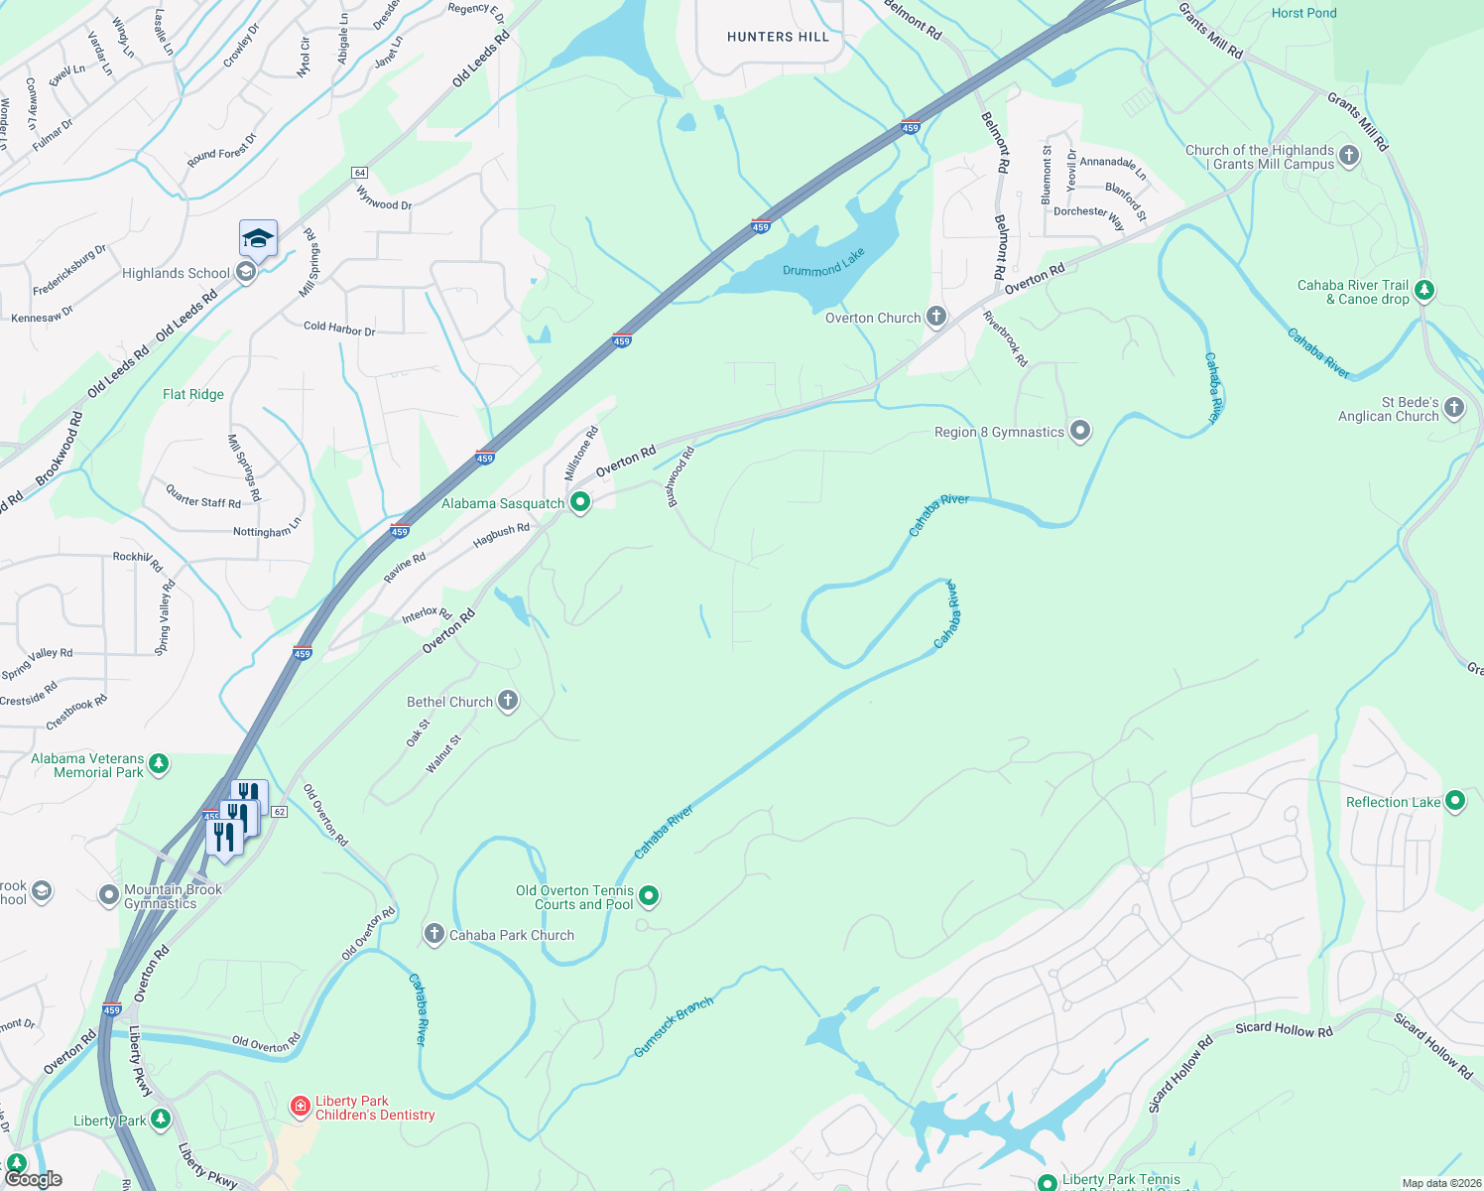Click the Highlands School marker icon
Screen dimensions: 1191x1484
point(246,272)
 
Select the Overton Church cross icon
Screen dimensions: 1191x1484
point(935,317)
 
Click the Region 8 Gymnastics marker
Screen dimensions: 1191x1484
point(1080,431)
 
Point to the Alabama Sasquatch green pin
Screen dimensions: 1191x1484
point(580,502)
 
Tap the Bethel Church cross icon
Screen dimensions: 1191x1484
point(507,701)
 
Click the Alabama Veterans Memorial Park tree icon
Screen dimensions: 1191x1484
point(159,764)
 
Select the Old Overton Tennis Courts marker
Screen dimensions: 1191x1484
point(649,896)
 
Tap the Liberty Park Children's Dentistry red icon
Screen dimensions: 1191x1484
point(300,1106)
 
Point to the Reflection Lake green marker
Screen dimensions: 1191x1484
point(1455,801)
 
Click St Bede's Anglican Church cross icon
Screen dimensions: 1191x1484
point(1454,408)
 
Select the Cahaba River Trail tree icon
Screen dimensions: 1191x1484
point(1424,291)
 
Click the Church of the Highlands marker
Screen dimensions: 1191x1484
point(1348,155)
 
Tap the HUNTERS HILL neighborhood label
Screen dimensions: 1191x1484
point(778,37)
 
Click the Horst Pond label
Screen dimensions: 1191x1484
point(1303,13)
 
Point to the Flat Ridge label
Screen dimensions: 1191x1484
point(193,394)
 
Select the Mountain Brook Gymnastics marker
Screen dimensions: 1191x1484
point(108,895)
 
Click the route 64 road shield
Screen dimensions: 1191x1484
point(359,173)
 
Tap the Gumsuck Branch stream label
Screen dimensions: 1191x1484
point(674,1027)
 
